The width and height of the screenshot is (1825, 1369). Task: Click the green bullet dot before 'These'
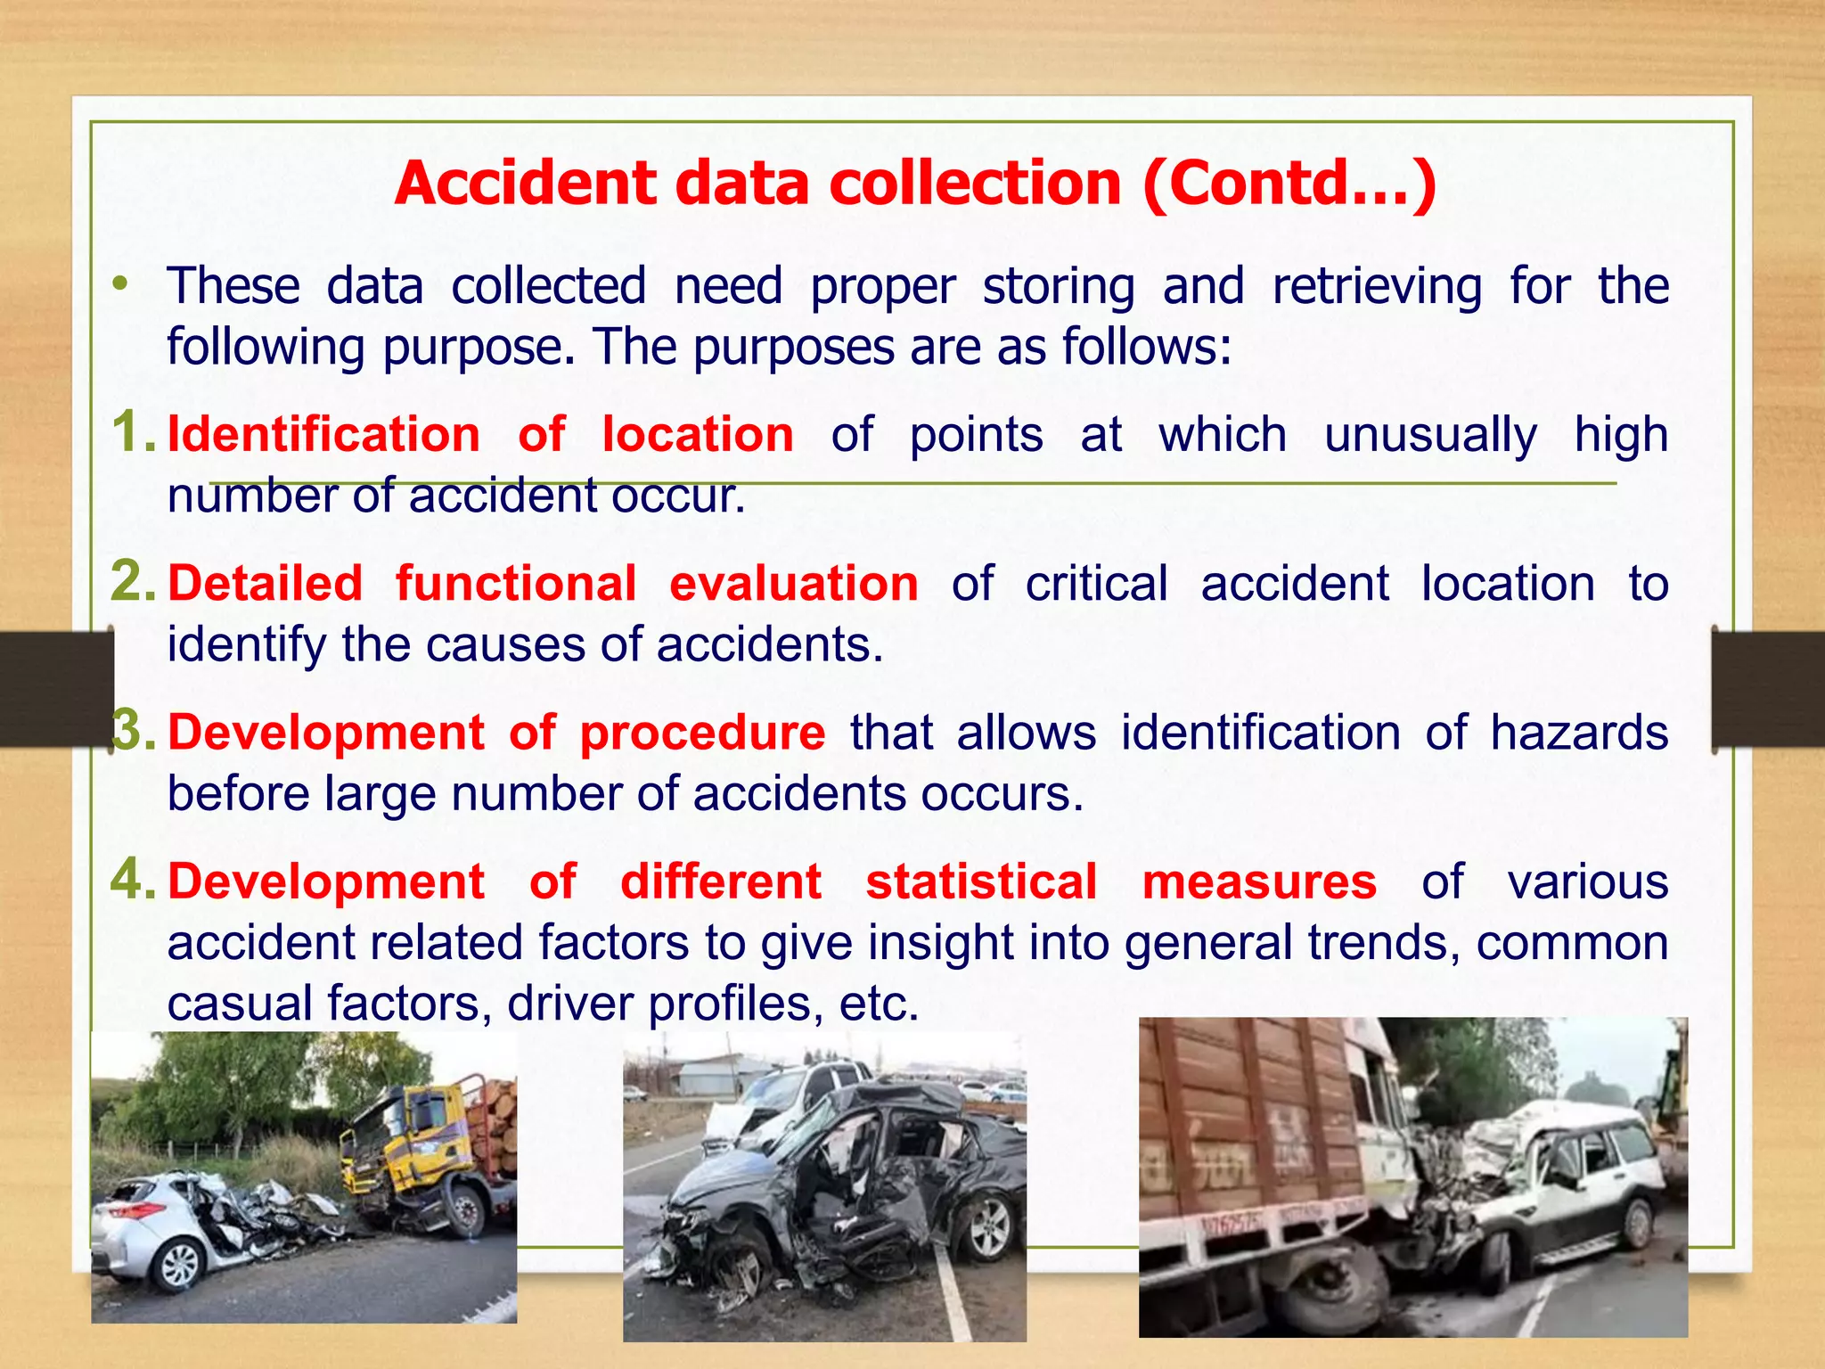coord(120,285)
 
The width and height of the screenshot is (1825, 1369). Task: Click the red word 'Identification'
coord(323,435)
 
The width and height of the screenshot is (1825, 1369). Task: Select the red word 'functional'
coord(516,584)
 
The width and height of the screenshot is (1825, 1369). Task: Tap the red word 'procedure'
coord(702,734)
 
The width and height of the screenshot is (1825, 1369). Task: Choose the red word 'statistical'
coord(981,882)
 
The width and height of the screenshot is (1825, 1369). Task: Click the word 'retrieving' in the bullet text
coord(1377,287)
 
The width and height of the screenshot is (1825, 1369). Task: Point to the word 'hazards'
coord(1579,734)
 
